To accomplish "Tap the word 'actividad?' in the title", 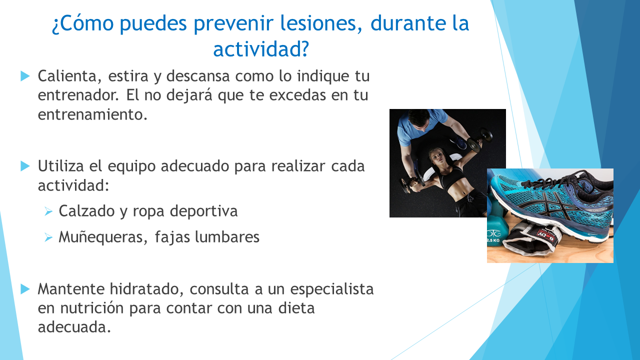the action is [261, 49].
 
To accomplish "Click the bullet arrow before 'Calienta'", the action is [25, 76].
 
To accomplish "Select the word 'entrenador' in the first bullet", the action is [77, 95].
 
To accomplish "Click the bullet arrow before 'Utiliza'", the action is [25, 166].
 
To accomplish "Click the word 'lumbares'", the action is [227, 237].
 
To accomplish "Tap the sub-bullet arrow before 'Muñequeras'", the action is [48, 237].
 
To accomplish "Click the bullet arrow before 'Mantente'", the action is [25, 289].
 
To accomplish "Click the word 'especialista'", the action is [332, 289].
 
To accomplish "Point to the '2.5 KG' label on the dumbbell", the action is [493, 240].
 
